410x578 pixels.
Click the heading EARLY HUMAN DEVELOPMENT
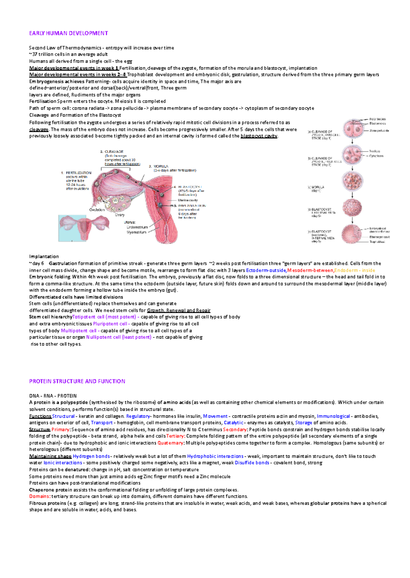68,33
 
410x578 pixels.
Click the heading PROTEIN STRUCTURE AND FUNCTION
77,381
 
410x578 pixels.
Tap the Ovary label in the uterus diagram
120,215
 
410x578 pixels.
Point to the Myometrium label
137,232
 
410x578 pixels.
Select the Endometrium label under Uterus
137,227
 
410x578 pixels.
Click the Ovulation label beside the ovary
97,210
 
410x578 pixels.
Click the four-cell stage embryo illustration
352,155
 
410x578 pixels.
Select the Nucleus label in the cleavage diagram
374,151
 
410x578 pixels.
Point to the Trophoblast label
377,242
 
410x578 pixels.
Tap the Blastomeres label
378,124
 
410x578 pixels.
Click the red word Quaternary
170,443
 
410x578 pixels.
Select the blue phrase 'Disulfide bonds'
252,463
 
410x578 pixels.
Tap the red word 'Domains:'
40,496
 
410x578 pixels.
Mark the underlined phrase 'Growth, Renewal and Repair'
179,310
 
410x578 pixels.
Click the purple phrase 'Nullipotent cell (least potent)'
119,337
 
